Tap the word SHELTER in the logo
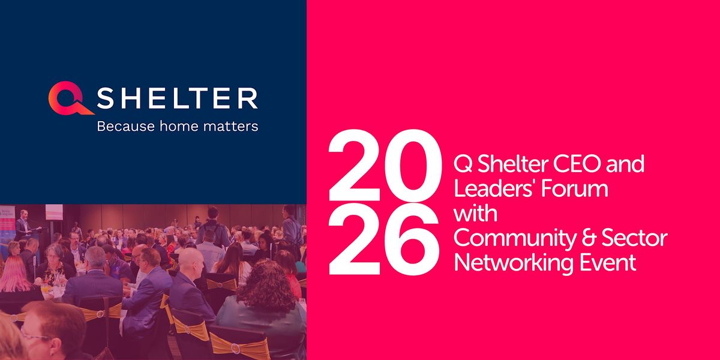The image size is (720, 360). (x=177, y=98)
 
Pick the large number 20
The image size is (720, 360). (x=385, y=165)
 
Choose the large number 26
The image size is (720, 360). (x=383, y=239)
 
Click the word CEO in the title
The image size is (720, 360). (x=577, y=163)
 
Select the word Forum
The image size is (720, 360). (x=574, y=188)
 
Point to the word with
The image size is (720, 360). (x=475, y=213)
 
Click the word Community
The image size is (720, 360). (x=515, y=239)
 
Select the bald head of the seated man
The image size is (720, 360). (x=190, y=260)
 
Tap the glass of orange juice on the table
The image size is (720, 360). (x=46, y=287)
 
